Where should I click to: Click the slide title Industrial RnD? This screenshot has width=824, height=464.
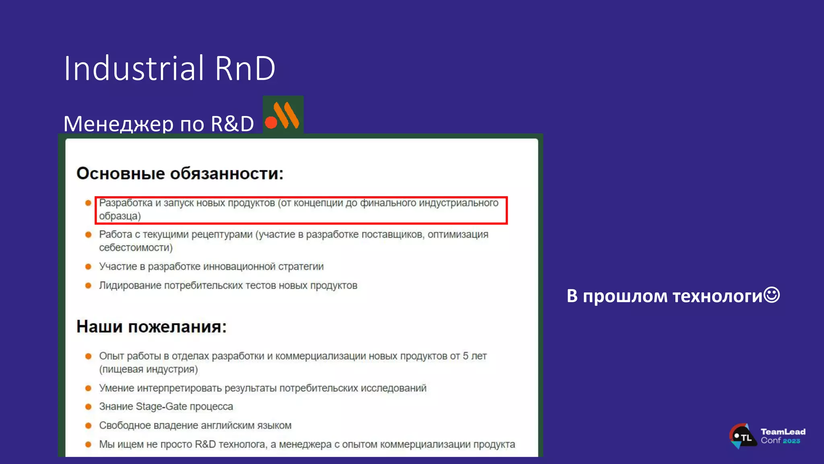169,68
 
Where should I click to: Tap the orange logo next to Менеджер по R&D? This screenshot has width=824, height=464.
283,116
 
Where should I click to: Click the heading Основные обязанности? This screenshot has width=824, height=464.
180,174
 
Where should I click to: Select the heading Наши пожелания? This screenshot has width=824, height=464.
151,327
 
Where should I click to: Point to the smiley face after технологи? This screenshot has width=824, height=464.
772,295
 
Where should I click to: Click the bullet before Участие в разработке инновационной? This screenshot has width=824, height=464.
89,267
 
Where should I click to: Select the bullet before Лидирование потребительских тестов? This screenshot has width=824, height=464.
89,286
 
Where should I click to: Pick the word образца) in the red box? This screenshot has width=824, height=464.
120,216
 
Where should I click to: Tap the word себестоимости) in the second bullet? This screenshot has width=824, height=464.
136,248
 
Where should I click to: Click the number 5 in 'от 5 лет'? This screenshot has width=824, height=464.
466,356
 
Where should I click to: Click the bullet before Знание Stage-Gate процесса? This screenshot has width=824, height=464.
89,407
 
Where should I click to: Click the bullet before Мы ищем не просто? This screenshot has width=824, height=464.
89,445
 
